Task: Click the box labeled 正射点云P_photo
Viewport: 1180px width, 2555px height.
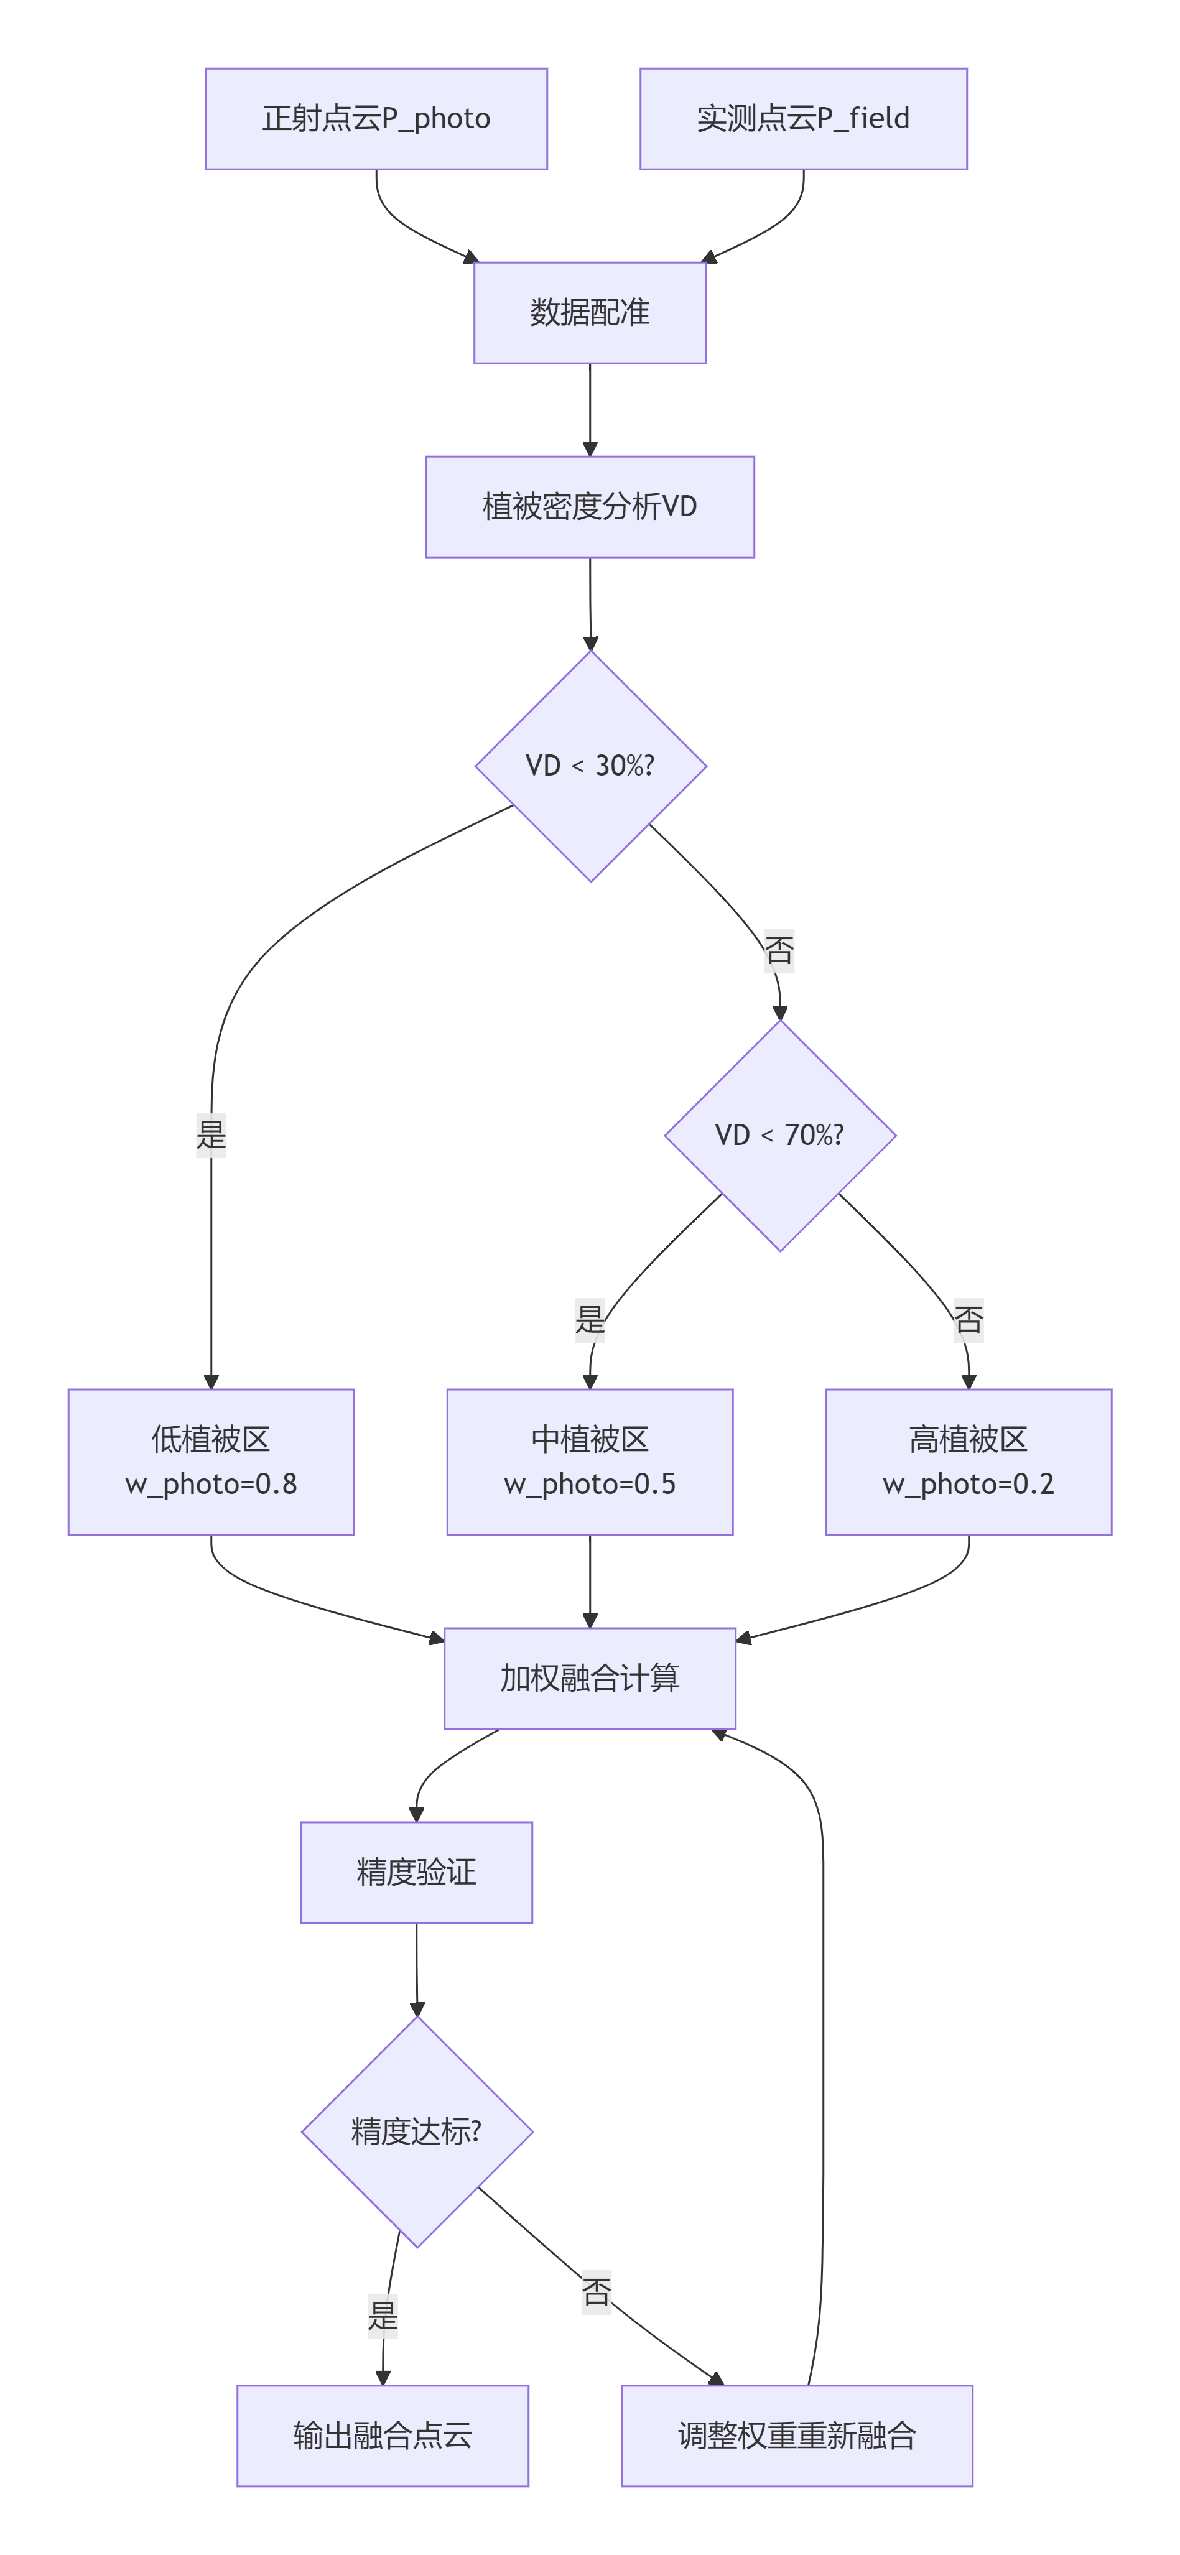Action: coord(376,119)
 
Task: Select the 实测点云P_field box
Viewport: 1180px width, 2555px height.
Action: coord(803,119)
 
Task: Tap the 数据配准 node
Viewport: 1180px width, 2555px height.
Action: coord(590,312)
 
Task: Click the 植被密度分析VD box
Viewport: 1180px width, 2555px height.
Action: coord(590,507)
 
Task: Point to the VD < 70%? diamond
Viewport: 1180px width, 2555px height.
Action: coord(781,1134)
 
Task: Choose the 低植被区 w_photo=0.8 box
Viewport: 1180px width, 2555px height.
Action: coord(211,1462)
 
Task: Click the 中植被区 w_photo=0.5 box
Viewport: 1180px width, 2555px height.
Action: coord(590,1462)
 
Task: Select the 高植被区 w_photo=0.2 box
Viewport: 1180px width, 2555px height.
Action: coord(969,1462)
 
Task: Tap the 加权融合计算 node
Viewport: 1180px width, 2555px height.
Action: coord(590,1678)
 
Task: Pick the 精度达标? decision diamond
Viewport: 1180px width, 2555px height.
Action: coord(417,2131)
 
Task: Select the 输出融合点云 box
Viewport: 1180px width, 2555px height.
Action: coord(383,2435)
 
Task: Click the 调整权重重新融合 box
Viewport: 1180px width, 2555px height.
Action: coord(797,2435)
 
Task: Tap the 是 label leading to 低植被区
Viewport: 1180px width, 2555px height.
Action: coord(211,1134)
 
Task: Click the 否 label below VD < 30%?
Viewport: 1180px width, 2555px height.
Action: coord(779,951)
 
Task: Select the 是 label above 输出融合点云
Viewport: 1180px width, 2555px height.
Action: coord(383,2317)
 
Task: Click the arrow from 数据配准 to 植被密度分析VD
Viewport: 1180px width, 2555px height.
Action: coord(590,409)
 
